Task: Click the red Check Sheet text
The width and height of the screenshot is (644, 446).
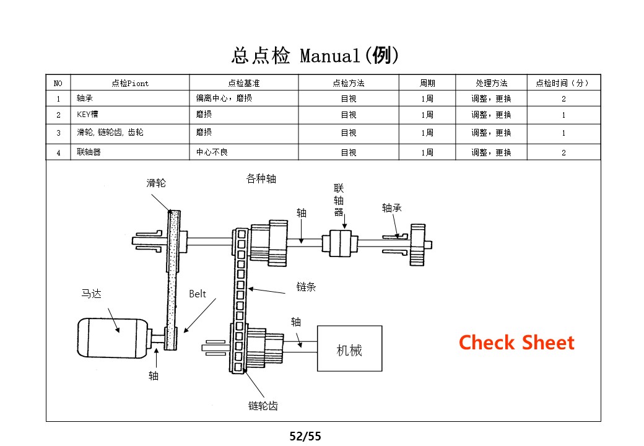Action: [x=516, y=343]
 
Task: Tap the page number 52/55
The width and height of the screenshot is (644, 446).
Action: [x=306, y=436]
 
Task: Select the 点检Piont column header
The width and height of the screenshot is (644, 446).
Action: [x=130, y=83]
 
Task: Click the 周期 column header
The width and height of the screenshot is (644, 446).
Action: [x=427, y=83]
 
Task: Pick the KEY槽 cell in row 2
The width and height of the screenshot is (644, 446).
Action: [x=87, y=115]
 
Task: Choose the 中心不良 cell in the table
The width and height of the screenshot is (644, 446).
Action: [x=212, y=152]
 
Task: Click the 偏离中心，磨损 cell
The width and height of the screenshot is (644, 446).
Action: [x=224, y=98]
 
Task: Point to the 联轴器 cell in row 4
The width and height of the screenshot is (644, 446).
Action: [x=89, y=152]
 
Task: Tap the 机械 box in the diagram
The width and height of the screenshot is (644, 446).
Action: [x=349, y=351]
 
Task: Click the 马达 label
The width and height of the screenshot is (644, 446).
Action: [x=91, y=294]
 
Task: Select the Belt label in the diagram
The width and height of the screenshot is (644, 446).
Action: [x=198, y=294]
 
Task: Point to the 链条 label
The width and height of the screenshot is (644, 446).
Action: [x=306, y=287]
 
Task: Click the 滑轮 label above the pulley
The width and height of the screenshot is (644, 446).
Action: [x=156, y=183]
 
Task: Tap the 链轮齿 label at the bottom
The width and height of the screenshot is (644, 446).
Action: [x=263, y=406]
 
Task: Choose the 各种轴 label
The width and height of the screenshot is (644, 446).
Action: [x=261, y=179]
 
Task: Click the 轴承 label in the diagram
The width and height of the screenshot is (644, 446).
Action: [x=392, y=208]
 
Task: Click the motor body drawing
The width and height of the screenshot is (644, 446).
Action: [x=111, y=338]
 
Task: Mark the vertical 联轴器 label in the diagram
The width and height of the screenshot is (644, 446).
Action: [x=339, y=200]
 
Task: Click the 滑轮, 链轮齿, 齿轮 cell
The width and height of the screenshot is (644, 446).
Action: [x=110, y=133]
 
